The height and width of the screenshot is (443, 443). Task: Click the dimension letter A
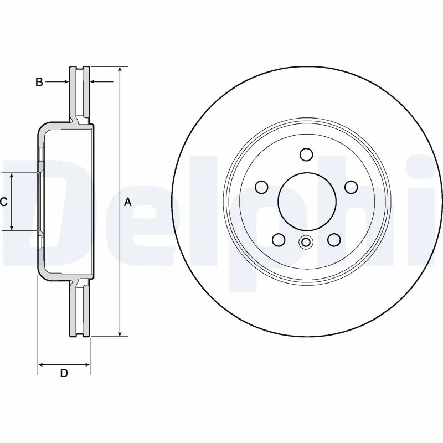[128, 203]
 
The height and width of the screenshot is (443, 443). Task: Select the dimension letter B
[39, 83]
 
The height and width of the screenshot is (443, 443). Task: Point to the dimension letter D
[64, 373]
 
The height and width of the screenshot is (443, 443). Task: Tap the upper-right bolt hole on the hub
[350, 187]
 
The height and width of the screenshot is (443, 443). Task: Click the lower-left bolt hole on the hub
[279, 240]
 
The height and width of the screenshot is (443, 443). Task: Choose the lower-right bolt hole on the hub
[333, 239]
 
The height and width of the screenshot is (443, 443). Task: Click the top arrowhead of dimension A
[120, 70]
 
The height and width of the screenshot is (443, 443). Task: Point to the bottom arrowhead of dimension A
[120, 333]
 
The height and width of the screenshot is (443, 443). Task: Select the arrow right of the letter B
[65, 82]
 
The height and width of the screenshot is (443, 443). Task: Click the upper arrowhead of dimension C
[12, 176]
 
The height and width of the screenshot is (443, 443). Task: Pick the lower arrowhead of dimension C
[12, 227]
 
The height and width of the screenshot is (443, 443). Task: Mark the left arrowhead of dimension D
[42, 364]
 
